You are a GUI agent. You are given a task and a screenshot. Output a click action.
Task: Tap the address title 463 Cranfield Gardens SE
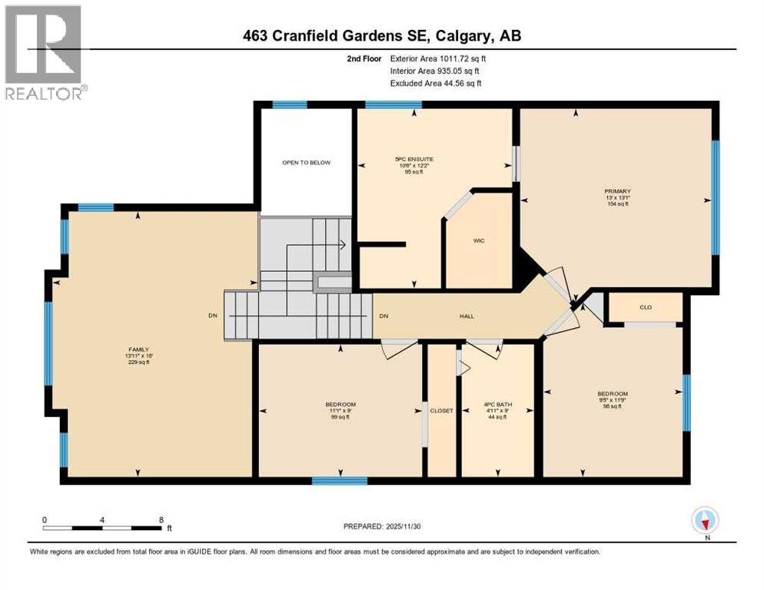point(382,36)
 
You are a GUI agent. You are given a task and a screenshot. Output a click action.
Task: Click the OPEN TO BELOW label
point(307,162)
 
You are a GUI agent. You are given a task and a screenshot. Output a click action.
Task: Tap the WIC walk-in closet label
point(479,240)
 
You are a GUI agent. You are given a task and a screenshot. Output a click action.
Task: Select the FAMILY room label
point(138,349)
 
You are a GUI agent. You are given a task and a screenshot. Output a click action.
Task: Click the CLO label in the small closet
point(646,307)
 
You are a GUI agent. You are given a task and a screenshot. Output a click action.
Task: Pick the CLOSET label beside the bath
point(442,410)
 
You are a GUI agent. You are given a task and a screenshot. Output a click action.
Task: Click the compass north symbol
point(705,522)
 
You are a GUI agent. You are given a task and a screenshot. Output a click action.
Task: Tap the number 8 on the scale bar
point(161,519)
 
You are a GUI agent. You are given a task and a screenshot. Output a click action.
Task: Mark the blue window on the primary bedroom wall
point(715,197)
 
